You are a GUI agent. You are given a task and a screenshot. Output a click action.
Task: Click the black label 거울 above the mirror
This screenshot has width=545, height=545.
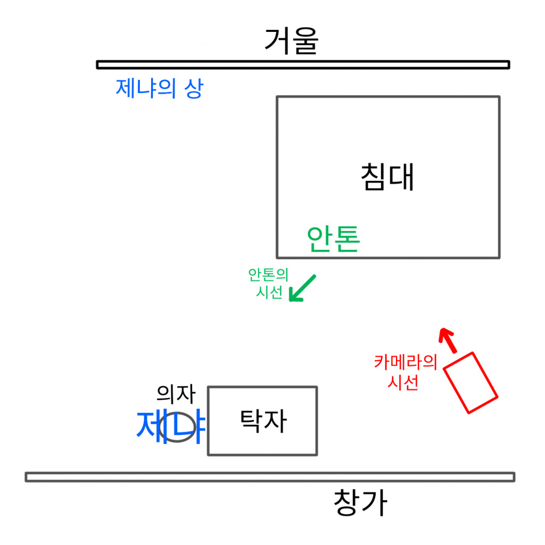[291, 41]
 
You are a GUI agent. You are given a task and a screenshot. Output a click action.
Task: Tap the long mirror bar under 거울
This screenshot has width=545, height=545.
[303, 64]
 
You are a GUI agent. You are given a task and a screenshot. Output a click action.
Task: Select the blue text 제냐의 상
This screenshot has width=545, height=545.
[159, 88]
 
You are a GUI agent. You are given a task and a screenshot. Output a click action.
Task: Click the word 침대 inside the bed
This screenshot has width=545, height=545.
[387, 177]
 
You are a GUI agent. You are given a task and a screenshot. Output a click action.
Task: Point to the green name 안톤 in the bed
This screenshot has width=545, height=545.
[333, 239]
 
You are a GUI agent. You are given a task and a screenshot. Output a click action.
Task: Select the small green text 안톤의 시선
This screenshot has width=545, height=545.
[268, 283]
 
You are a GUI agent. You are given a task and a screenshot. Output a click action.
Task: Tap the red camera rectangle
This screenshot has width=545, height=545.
[470, 382]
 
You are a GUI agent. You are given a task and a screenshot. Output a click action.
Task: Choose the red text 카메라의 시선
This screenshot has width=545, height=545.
[405, 373]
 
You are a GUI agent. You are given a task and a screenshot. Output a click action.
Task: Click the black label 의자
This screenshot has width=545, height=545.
[176, 394]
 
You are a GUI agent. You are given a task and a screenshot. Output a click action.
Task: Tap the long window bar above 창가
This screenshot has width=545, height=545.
[270, 477]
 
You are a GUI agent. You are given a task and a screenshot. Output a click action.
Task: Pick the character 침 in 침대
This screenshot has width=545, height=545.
[373, 177]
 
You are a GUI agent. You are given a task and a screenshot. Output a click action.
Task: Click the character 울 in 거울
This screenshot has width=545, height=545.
[305, 41]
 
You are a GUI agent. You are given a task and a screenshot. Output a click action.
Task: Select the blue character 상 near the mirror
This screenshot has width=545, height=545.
[193, 88]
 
